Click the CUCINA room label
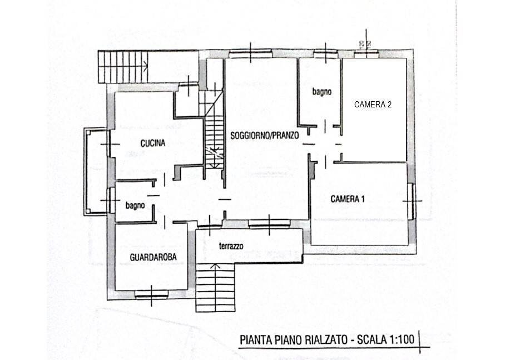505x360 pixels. click(152, 143)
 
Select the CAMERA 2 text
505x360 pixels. click(373, 104)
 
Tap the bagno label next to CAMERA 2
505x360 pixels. click(322, 91)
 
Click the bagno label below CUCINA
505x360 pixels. click(135, 205)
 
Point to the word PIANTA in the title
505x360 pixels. click(255, 339)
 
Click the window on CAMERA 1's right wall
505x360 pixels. click(411, 201)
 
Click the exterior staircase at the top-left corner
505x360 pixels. click(122, 66)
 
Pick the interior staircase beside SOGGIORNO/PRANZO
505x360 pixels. click(214, 134)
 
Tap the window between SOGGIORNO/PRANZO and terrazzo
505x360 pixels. click(269, 224)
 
